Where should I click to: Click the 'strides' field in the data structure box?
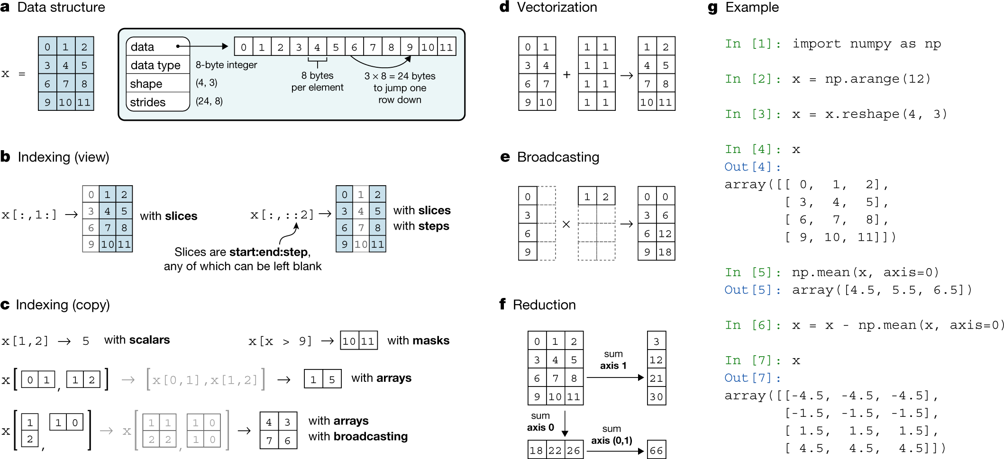pyautogui.click(x=148, y=102)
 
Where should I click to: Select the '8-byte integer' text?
pyautogui.click(x=226, y=65)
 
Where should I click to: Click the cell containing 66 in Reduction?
pyautogui.click(x=656, y=450)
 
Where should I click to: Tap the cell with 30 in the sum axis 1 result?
pyautogui.click(x=656, y=396)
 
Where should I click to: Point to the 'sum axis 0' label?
pyautogui.click(x=540, y=421)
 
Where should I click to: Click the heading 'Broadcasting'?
pyautogui.click(x=558, y=157)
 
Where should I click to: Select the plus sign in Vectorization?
pyautogui.click(x=566, y=74)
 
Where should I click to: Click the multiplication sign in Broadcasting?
pyautogui.click(x=566, y=225)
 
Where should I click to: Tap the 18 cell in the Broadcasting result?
pyautogui.click(x=665, y=252)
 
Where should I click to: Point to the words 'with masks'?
pyautogui.click(x=418, y=341)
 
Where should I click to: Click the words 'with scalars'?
pyautogui.click(x=137, y=340)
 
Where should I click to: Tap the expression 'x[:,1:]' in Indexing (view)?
pyautogui.click(x=29, y=215)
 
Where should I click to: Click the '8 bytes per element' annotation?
pyautogui.click(x=317, y=81)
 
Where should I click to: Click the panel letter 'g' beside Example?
pyautogui.click(x=712, y=8)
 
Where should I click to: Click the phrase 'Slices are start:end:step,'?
pyautogui.click(x=242, y=252)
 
